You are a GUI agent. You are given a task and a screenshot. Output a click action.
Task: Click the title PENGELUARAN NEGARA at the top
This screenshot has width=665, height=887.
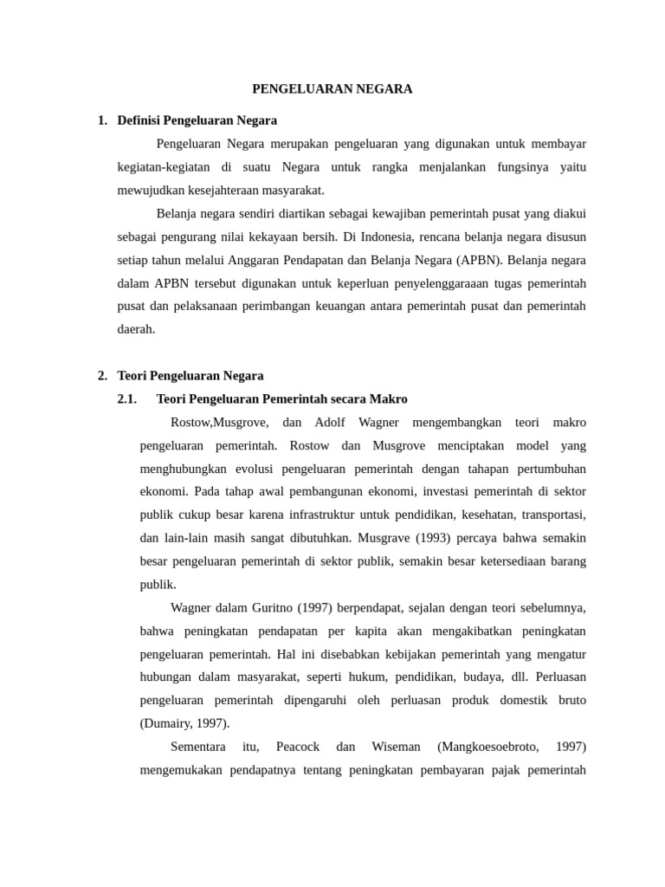[x=332, y=89]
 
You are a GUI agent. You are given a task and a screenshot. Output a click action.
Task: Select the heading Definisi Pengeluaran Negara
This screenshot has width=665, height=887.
[x=197, y=120]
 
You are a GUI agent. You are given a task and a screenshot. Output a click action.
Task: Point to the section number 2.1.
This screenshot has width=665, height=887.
[x=127, y=399]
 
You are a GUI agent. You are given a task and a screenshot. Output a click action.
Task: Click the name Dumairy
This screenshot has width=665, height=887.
[x=167, y=723]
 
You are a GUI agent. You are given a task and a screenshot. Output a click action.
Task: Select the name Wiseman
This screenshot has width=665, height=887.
[x=396, y=747]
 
